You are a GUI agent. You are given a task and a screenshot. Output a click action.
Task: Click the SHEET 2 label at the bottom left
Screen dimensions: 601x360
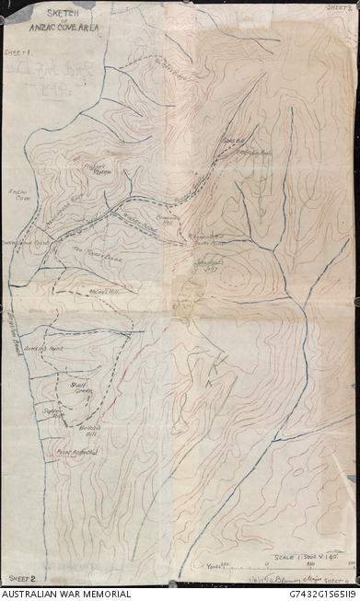tap(20, 578)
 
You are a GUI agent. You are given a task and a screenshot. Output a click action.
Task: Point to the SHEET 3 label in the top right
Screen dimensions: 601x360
tap(338, 7)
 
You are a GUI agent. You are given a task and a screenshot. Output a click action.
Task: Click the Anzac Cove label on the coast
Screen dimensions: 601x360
tap(20, 198)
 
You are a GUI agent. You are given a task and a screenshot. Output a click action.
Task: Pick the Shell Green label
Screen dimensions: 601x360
tap(81, 387)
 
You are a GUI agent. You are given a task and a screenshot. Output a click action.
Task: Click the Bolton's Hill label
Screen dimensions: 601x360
tap(88, 430)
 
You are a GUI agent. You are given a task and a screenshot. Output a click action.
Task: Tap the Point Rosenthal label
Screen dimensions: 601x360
tap(76, 452)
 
